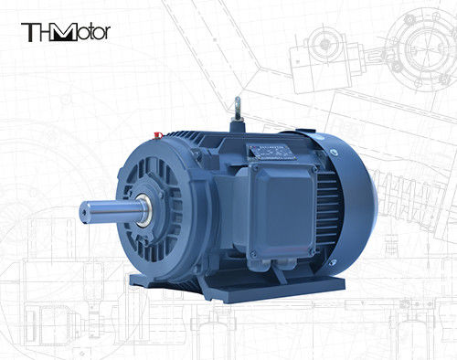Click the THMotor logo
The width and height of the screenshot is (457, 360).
click(x=65, y=32)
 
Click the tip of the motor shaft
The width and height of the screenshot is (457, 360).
click(x=85, y=209)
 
